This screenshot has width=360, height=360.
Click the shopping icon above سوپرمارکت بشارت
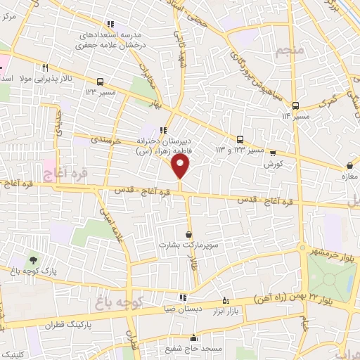tap(188, 234)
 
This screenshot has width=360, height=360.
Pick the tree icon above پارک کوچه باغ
tap(34, 260)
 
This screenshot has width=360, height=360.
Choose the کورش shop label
tap(273, 163)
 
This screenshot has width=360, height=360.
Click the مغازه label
tap(349, 176)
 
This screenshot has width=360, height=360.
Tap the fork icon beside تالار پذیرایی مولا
tap(45, 68)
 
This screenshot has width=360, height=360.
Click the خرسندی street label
tap(107, 141)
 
